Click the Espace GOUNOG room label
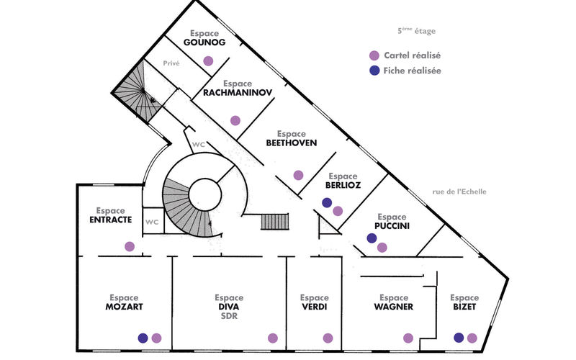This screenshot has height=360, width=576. (204, 38)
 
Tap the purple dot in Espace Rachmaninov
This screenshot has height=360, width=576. (235, 120)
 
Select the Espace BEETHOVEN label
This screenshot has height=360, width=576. (291, 138)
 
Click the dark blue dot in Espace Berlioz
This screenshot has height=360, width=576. (326, 203)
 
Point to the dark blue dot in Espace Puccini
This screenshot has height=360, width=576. (372, 238)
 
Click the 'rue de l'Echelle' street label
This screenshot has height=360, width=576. (459, 192)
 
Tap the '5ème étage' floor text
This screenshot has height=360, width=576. (417, 32)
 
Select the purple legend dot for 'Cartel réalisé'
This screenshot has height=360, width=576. (374, 55)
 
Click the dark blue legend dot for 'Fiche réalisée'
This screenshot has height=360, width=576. (374, 71)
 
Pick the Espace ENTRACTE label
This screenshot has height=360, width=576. (110, 215)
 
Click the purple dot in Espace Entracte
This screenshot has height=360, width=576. (130, 246)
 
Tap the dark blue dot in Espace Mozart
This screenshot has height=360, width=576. (143, 338)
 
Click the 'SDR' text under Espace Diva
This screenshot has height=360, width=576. (228, 315)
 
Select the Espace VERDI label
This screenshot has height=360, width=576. (314, 302)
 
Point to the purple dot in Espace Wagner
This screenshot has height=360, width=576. (408, 338)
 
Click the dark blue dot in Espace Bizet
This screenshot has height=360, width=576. (459, 338)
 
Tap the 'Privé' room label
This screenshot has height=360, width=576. (171, 63)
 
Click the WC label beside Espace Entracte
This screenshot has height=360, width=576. (152, 222)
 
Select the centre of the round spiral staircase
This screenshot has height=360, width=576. (205, 195)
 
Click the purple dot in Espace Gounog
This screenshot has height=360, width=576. (208, 60)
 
